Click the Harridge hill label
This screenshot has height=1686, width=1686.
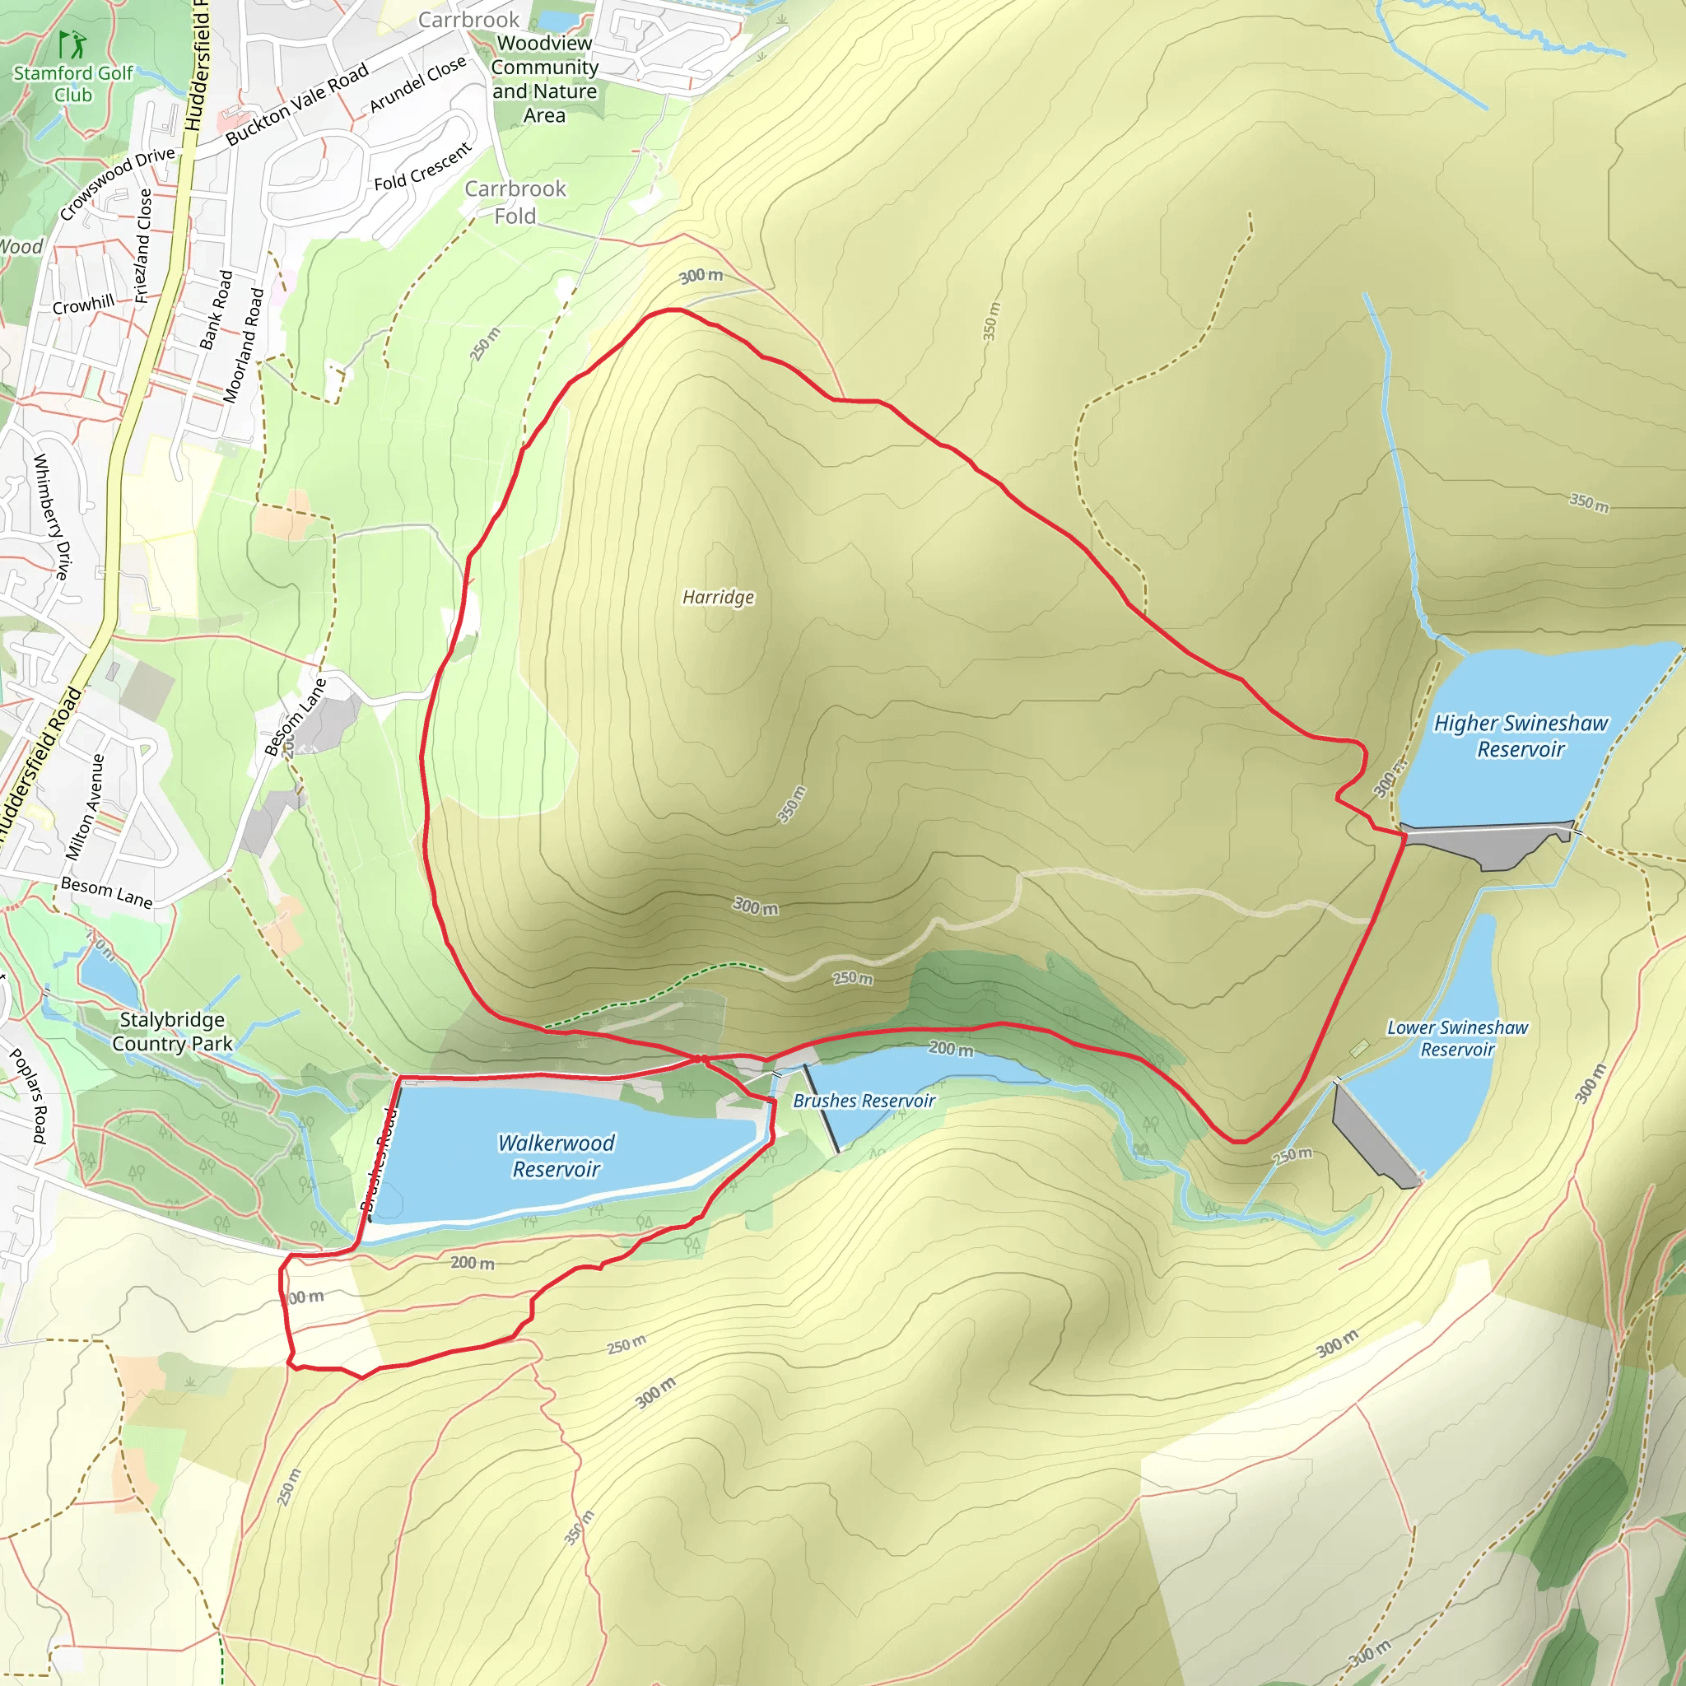[717, 598]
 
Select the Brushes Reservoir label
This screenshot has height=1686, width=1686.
[863, 1101]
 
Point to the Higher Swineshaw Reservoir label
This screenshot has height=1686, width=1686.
[1521, 736]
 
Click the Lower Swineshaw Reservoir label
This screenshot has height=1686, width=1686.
[1456, 1038]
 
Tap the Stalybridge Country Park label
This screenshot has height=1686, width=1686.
[172, 1032]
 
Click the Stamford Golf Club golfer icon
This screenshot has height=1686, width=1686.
[72, 44]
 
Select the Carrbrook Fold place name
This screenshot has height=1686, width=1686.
[515, 202]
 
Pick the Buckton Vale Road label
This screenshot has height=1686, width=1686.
[296, 104]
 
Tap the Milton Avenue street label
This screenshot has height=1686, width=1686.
[85, 808]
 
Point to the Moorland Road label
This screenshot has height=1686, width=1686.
[244, 346]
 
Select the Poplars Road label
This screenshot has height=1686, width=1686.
[28, 1095]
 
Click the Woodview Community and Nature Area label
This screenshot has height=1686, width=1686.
[544, 78]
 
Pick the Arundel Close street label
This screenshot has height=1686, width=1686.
[417, 85]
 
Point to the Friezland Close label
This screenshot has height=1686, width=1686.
[143, 246]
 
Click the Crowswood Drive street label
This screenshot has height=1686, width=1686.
[117, 184]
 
